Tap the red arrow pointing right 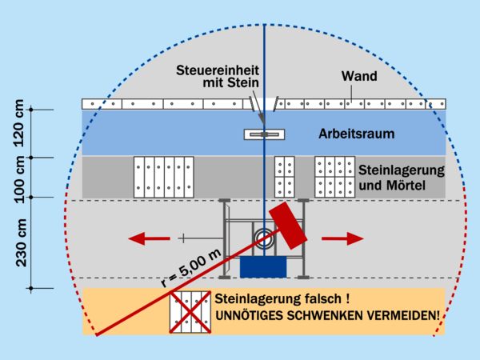point(343,238)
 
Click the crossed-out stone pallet point(190,312)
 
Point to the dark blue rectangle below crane point(263,266)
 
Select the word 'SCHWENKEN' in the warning point(335,316)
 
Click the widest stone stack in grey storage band point(164,177)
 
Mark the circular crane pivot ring point(264,237)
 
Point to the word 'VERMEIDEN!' point(410,316)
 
